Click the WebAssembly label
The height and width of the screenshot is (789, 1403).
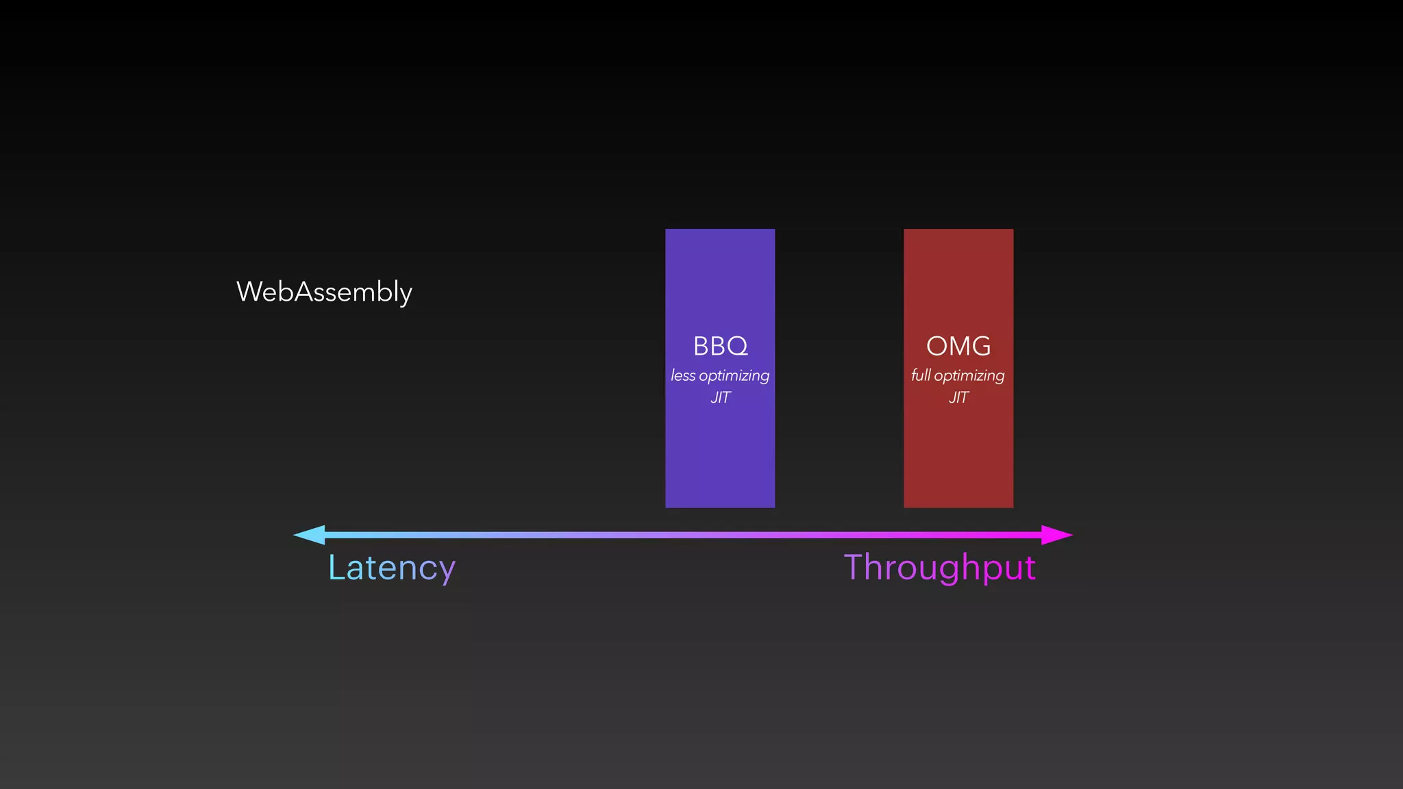tap(324, 292)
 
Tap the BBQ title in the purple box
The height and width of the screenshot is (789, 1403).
tap(720, 346)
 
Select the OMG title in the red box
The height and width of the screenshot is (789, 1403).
tap(958, 346)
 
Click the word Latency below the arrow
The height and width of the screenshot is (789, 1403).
tap(391, 568)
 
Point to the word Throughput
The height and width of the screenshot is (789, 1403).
tap(939, 568)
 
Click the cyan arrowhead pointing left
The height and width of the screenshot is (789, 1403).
tap(310, 535)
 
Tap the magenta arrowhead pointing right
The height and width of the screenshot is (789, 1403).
tap(1056, 535)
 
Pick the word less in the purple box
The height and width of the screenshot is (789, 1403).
tap(683, 375)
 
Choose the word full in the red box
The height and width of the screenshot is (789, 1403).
tap(921, 375)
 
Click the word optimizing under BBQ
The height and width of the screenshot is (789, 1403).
tap(734, 376)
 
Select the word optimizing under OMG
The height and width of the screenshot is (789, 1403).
tap(969, 376)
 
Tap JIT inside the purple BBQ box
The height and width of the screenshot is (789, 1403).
tap(720, 397)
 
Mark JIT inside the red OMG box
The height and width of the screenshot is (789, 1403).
tap(958, 397)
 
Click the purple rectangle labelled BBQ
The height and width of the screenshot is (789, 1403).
tap(720, 452)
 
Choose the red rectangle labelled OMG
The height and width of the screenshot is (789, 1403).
tap(958, 452)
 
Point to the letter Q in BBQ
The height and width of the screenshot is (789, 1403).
tap(738, 347)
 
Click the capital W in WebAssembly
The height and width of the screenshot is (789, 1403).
tap(250, 292)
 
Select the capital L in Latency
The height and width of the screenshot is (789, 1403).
tap(336, 567)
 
